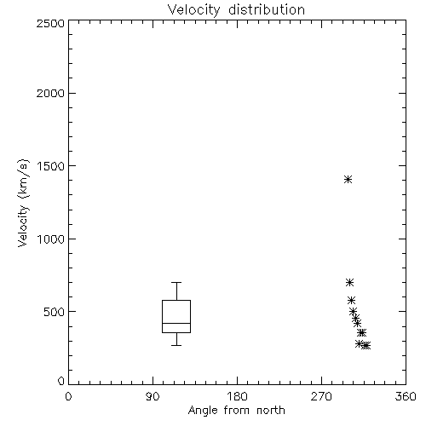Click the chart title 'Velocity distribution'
(236, 10)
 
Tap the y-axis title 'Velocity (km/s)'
(23, 203)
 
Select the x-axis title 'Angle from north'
(237, 411)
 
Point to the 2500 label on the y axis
(50, 23)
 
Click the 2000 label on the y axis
(50, 94)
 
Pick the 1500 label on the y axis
(51, 166)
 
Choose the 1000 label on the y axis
(51, 239)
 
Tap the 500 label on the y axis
(55, 312)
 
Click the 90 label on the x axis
(153, 396)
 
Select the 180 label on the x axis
(237, 396)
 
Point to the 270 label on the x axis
(321, 396)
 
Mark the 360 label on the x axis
(406, 396)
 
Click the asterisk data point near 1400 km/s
(348, 179)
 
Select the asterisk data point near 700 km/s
(350, 282)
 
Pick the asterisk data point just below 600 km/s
(352, 300)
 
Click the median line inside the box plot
(176, 323)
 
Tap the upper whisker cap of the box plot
(176, 282)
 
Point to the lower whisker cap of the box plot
(176, 345)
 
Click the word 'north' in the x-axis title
(271, 410)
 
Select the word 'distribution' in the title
(267, 9)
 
